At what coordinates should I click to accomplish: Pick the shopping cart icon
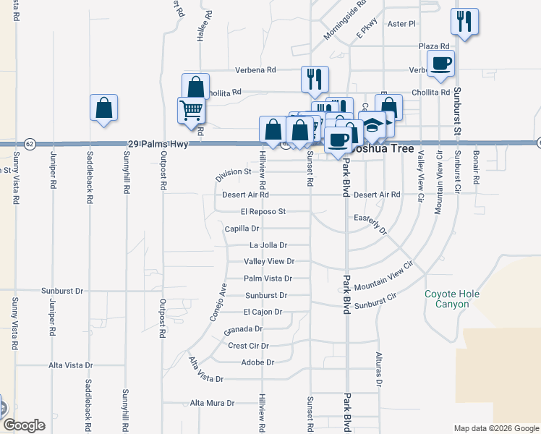(191, 111)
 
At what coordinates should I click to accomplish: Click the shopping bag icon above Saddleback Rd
(103, 108)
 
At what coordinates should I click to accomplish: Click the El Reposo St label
(264, 212)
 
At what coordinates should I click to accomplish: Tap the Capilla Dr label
(242, 229)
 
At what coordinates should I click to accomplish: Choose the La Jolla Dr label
(268, 245)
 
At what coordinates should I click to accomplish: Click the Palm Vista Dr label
(268, 278)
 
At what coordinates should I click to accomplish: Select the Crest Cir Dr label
(248, 346)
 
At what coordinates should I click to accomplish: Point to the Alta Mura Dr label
(212, 403)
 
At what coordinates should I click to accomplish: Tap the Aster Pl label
(402, 24)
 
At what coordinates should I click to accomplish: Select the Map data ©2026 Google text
(495, 428)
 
